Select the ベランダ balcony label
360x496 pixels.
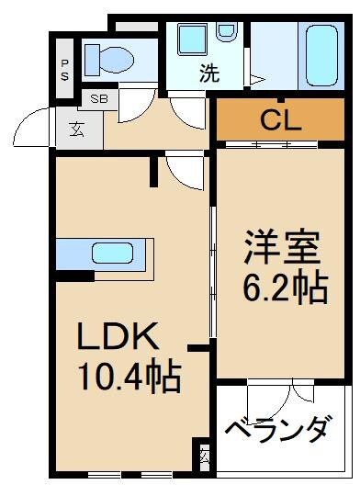click(x=276, y=429)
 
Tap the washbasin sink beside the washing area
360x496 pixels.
click(x=192, y=40)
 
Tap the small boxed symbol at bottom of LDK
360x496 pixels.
click(x=204, y=455)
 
